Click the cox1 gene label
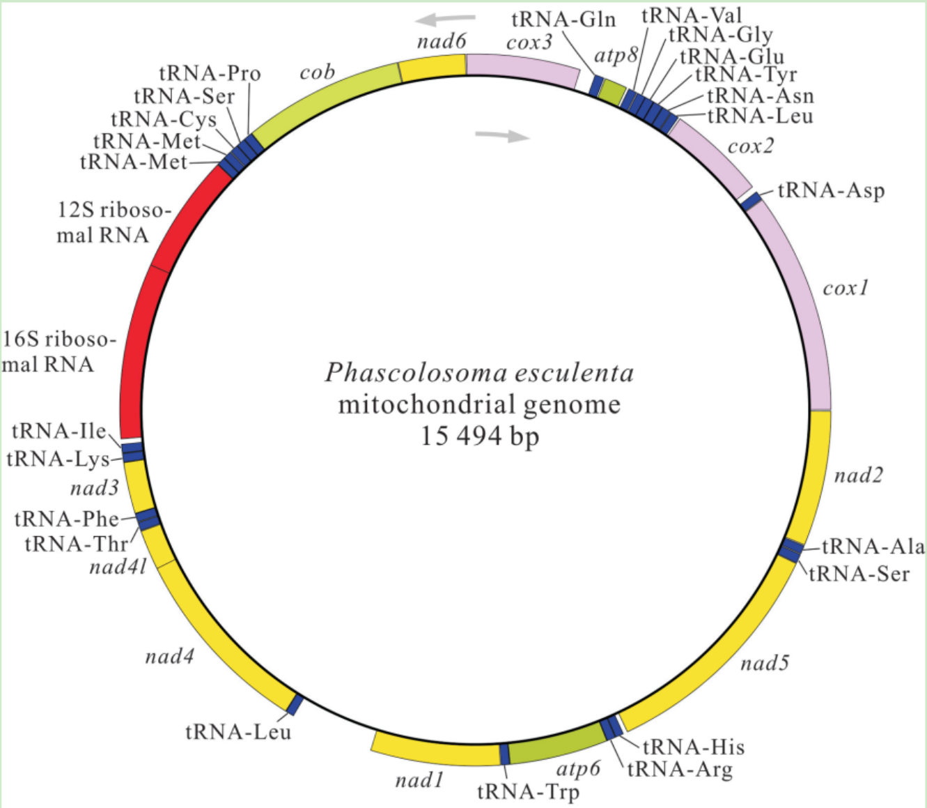[846, 288]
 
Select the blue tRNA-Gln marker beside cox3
[596, 85]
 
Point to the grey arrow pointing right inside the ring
[502, 135]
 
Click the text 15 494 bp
[480, 436]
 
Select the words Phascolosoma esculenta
[480, 373]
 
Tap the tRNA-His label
[694, 747]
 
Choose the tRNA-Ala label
[873, 546]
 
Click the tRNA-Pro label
[210, 73]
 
